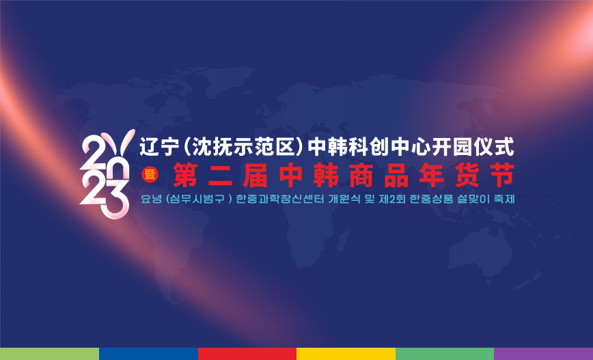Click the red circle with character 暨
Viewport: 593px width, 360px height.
[150, 175]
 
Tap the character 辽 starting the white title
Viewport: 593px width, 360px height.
[150, 147]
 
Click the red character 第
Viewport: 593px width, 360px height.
[185, 175]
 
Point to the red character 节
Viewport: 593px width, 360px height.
[502, 175]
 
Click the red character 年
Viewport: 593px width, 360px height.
[432, 175]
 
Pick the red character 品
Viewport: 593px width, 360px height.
[397, 175]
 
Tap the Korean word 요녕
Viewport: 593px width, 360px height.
[151, 199]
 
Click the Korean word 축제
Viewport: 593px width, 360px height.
[504, 199]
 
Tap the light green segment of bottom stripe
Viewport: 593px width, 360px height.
[50, 354]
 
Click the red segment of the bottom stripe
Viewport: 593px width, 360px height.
[247, 354]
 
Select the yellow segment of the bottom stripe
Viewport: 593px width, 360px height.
[346, 354]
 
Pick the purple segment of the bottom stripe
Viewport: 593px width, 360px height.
[543, 354]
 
